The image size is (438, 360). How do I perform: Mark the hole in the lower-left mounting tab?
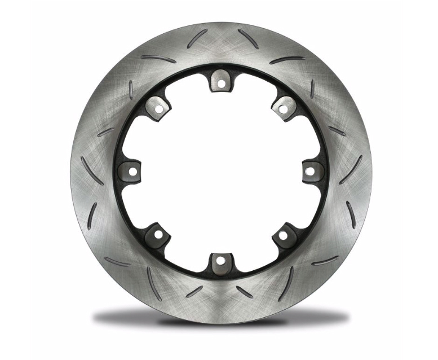click(158, 233)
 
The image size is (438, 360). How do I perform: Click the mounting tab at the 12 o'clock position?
click(221, 80)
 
